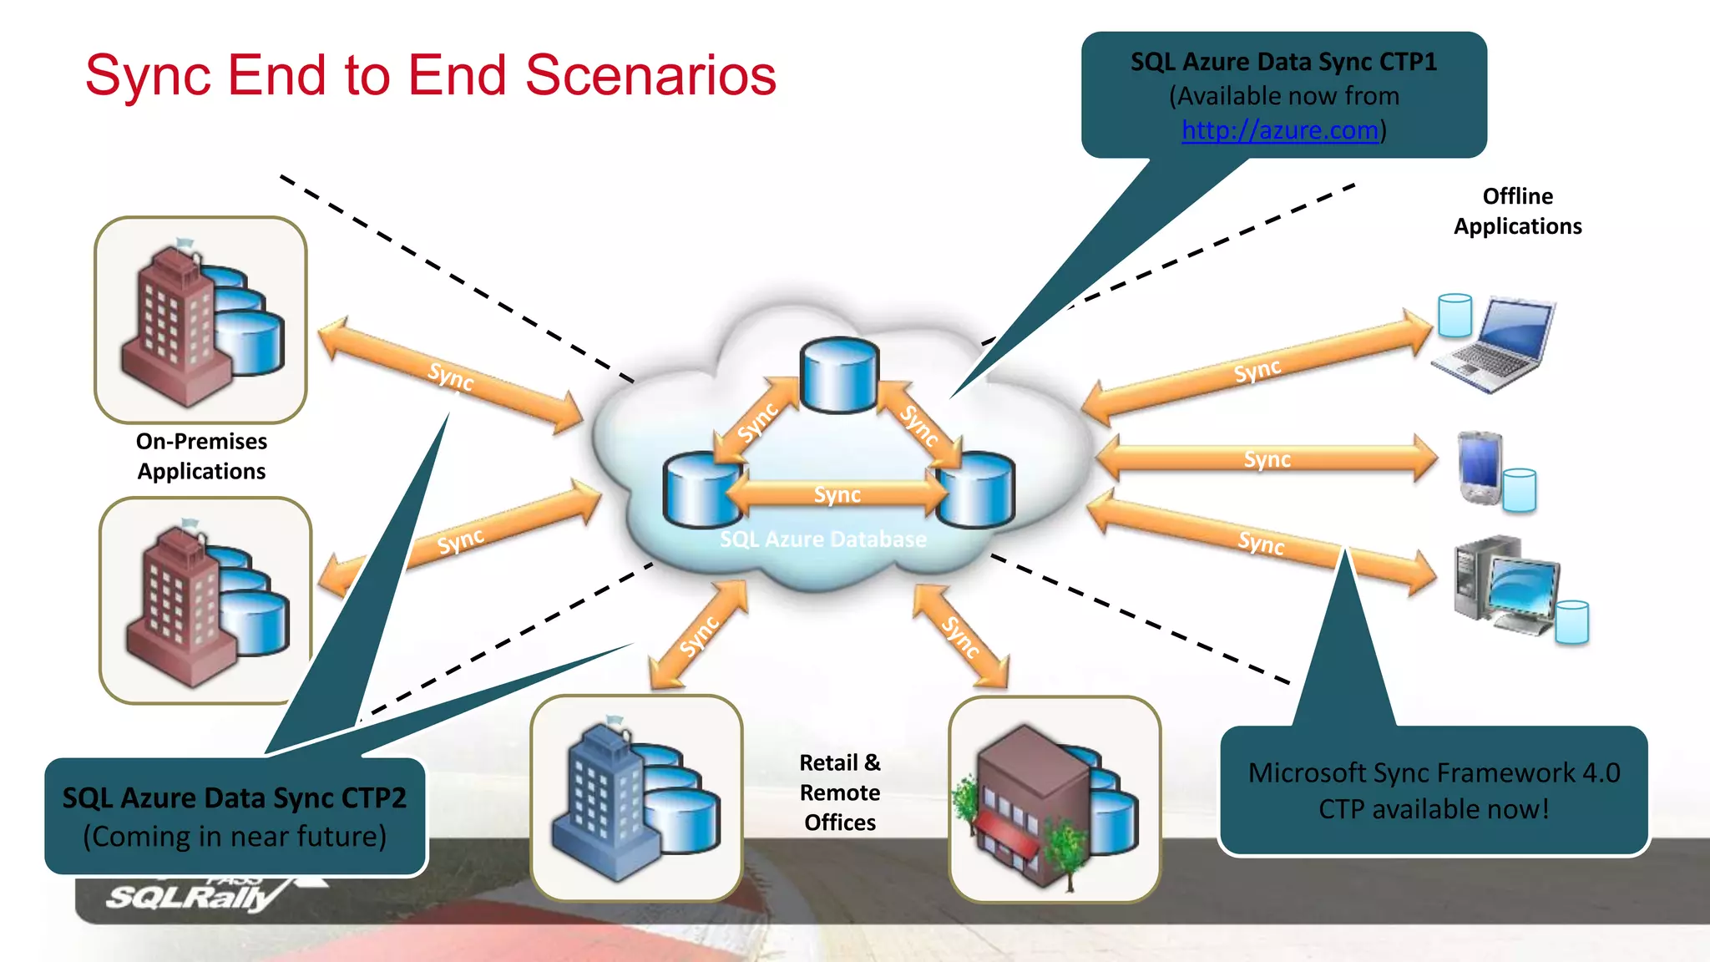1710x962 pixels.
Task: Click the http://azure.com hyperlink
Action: click(x=1279, y=130)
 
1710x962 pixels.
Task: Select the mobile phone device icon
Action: click(x=1480, y=468)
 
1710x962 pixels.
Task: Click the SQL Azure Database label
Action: click(x=822, y=539)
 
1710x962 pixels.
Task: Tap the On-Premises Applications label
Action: click(x=201, y=456)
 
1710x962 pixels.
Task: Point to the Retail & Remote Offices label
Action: click(x=839, y=792)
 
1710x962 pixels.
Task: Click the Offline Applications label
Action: click(x=1517, y=211)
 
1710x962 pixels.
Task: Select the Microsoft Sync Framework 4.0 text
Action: click(x=1434, y=773)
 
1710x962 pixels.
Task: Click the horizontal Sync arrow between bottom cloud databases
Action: click(x=837, y=494)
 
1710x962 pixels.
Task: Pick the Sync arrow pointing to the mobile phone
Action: click(x=1267, y=459)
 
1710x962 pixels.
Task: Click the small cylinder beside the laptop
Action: click(x=1455, y=316)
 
